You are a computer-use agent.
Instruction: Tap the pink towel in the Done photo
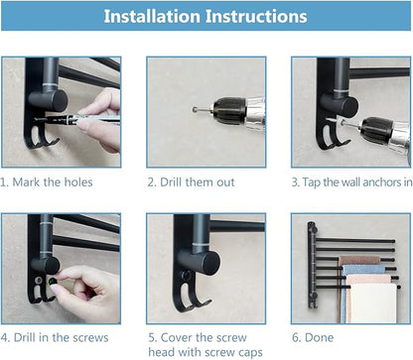356,261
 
